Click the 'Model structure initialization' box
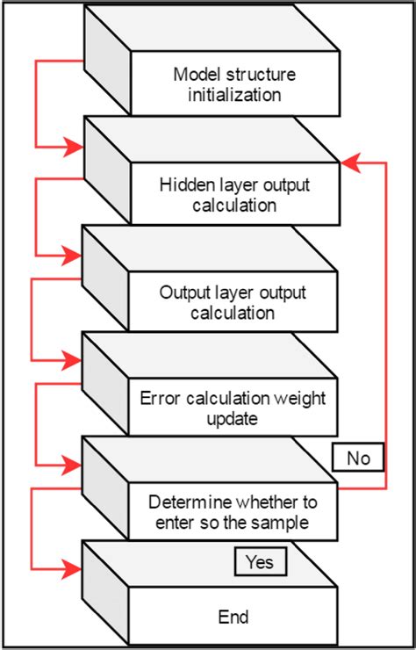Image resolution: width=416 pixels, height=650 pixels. point(234,84)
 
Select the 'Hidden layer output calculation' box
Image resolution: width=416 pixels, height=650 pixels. point(234,195)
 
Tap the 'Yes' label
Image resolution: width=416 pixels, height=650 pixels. point(260,561)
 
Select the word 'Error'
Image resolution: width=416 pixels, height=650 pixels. point(160,399)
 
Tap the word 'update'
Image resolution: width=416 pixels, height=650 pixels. point(233,419)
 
